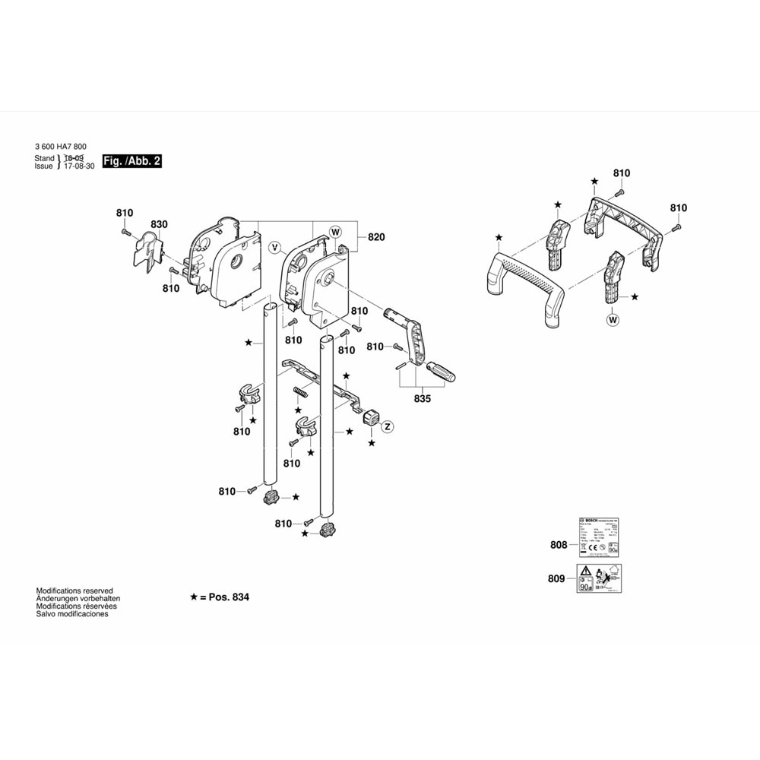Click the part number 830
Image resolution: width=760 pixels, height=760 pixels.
pos(159,224)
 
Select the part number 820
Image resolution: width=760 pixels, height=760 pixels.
pos(376,237)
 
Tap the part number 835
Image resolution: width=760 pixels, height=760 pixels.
pos(423,397)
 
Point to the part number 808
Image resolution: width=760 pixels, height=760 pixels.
pos(559,544)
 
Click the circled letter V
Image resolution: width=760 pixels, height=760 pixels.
pos(277,247)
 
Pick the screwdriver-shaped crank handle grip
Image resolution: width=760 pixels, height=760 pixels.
pos(442,373)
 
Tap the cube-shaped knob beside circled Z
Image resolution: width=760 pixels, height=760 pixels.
pos(371,417)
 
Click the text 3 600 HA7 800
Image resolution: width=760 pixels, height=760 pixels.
pos(60,147)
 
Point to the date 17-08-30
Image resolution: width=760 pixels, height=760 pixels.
pos(80,166)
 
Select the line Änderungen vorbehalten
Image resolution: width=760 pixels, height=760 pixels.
pos(78,598)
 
